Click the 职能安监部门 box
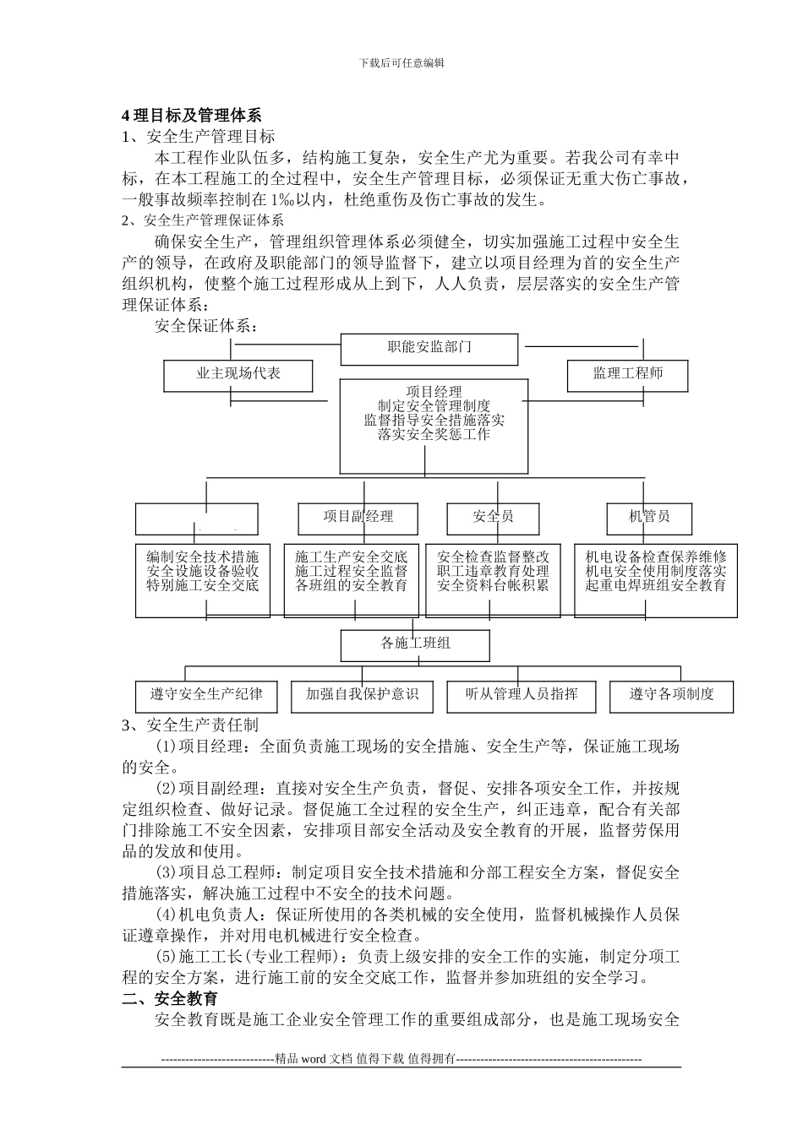429,348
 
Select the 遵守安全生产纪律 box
206,696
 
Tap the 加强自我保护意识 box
362,696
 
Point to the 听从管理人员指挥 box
517,696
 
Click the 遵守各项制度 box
671,696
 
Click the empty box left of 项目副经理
197,519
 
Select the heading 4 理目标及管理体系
192,116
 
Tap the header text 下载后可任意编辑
401,62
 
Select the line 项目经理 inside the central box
434,392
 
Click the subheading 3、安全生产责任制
190,725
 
